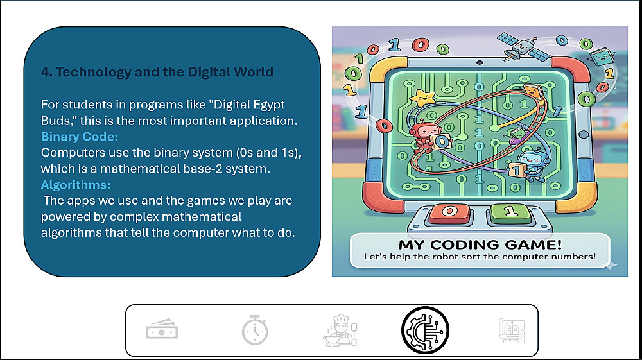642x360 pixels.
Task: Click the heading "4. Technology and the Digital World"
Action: point(157,72)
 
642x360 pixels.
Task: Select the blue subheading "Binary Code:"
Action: point(80,137)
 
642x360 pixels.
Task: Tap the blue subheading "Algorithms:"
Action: point(76,185)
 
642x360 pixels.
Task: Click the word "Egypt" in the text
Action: point(269,105)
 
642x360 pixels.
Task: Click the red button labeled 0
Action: point(449,213)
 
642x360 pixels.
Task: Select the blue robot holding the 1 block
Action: point(528,164)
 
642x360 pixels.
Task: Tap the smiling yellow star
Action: point(422,99)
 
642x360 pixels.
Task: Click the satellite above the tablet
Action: point(523,47)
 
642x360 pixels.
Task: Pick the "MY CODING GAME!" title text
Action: point(480,244)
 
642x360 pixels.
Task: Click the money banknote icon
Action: point(162,330)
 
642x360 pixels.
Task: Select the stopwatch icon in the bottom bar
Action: point(255,330)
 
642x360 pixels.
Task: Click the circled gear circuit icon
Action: point(425,330)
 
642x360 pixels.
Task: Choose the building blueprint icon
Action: point(512,330)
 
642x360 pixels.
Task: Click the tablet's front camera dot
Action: point(480,63)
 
